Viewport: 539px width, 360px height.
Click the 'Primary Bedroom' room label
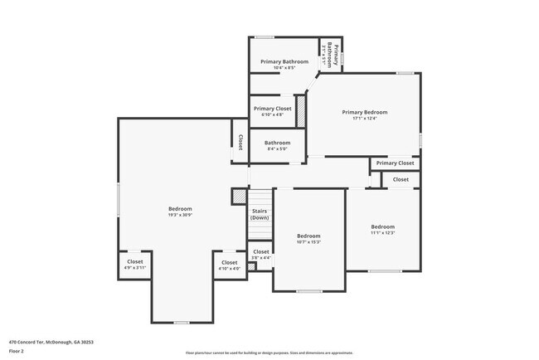(365, 112)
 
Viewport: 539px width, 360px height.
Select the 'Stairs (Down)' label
(260, 214)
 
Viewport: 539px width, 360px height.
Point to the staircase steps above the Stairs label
(260, 197)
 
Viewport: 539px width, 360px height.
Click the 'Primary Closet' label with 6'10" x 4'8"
(272, 109)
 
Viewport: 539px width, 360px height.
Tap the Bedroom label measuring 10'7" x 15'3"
(308, 236)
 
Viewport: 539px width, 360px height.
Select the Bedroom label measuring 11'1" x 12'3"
(382, 227)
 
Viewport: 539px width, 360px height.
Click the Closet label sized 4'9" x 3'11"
(134, 263)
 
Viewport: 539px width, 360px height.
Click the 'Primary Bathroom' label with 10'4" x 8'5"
(284, 61)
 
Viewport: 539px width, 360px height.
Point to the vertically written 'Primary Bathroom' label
(333, 56)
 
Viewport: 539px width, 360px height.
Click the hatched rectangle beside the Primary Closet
(301, 111)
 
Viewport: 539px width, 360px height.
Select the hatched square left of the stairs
(239, 197)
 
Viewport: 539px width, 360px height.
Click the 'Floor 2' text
(17, 351)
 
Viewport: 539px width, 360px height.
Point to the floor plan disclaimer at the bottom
(269, 353)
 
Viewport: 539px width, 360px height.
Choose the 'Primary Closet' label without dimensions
(395, 163)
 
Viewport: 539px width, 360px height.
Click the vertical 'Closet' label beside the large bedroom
(240, 142)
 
